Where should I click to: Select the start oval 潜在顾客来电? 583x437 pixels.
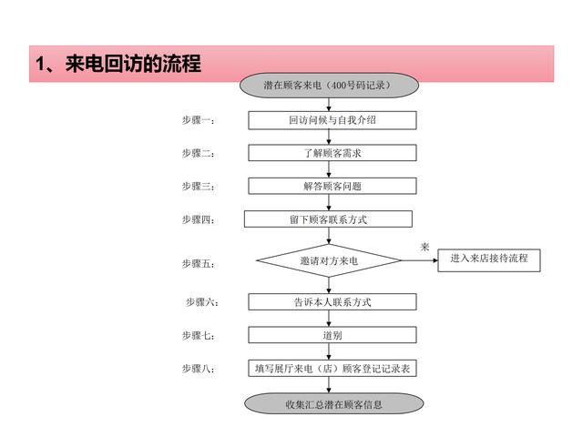point(329,85)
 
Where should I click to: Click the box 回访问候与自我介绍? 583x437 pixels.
point(332,120)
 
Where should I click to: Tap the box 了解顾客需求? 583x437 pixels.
point(332,153)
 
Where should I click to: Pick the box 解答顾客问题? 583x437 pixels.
point(332,186)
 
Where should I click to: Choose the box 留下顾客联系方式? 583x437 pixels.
point(328,219)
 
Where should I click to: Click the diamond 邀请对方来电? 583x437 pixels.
point(329,260)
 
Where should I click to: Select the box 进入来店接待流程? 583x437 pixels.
point(489,260)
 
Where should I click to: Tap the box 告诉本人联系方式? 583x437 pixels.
point(332,301)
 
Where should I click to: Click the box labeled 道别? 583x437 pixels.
point(332,335)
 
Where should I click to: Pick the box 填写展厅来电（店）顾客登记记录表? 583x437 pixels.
point(332,368)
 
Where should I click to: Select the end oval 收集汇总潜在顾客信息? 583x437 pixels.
point(334,403)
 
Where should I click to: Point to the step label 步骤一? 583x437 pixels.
point(199,120)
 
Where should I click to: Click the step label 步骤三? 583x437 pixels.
point(199,186)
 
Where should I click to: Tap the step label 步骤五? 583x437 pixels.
point(199,264)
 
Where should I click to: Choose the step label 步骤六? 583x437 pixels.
point(202,302)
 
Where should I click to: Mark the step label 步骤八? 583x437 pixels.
point(199,369)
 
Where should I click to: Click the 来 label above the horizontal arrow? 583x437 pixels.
point(425,247)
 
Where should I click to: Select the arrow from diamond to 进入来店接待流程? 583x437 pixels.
point(420,260)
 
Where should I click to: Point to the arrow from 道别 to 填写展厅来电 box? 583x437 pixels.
point(329,351)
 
